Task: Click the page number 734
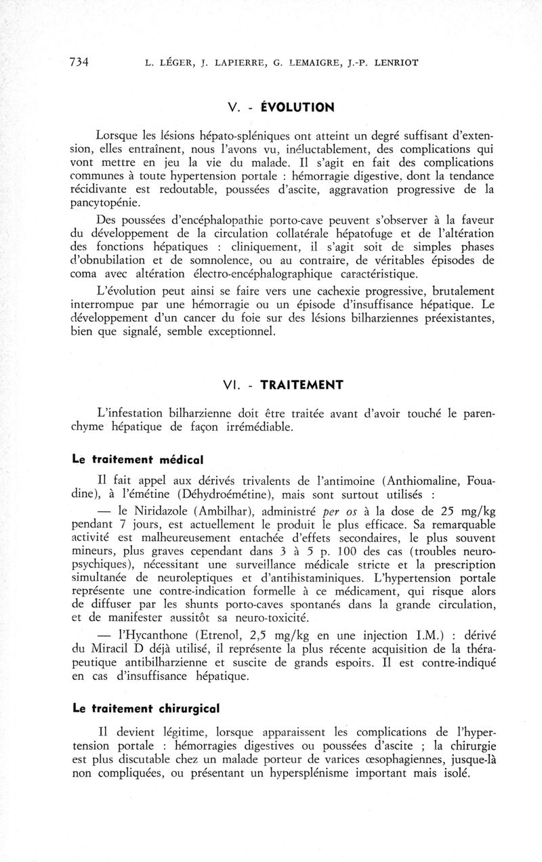coord(80,63)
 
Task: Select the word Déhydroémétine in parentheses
coord(217,495)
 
